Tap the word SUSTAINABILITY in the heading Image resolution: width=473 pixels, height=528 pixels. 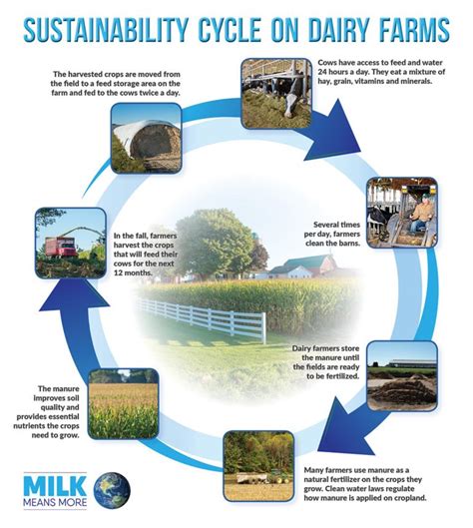click(106, 30)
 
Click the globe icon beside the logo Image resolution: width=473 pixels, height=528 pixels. click(112, 490)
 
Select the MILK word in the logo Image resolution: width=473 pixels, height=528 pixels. click(55, 486)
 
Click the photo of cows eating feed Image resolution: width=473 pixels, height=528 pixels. click(276, 93)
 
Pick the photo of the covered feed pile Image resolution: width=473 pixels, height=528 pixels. click(146, 138)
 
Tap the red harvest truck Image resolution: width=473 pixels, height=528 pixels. click(61, 248)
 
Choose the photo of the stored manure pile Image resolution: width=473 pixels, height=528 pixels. click(402, 375)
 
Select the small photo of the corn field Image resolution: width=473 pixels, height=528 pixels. click(123, 404)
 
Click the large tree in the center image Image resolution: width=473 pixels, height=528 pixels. click(215, 244)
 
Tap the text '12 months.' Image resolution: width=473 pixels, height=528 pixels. click(133, 272)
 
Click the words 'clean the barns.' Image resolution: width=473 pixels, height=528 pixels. click(333, 244)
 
